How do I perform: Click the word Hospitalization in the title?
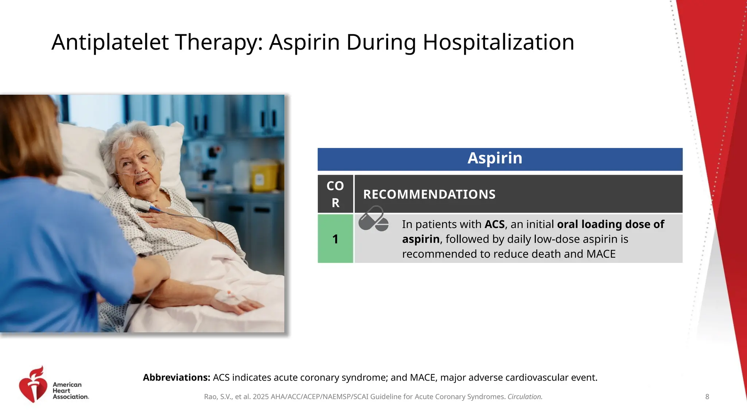coord(498,42)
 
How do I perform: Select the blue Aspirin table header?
coord(500,159)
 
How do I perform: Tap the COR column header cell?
coord(335,194)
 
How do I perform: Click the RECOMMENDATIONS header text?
coord(429,194)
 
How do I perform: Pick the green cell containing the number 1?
coord(335,239)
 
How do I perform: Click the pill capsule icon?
coord(373,219)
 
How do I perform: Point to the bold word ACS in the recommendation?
coord(494,224)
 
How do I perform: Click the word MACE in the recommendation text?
coord(601,254)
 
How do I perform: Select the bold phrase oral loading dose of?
coord(610,224)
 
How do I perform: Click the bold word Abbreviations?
coord(176,377)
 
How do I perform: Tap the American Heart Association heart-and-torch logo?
coord(33,385)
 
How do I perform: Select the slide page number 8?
coord(707,397)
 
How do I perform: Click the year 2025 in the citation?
coord(260,397)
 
